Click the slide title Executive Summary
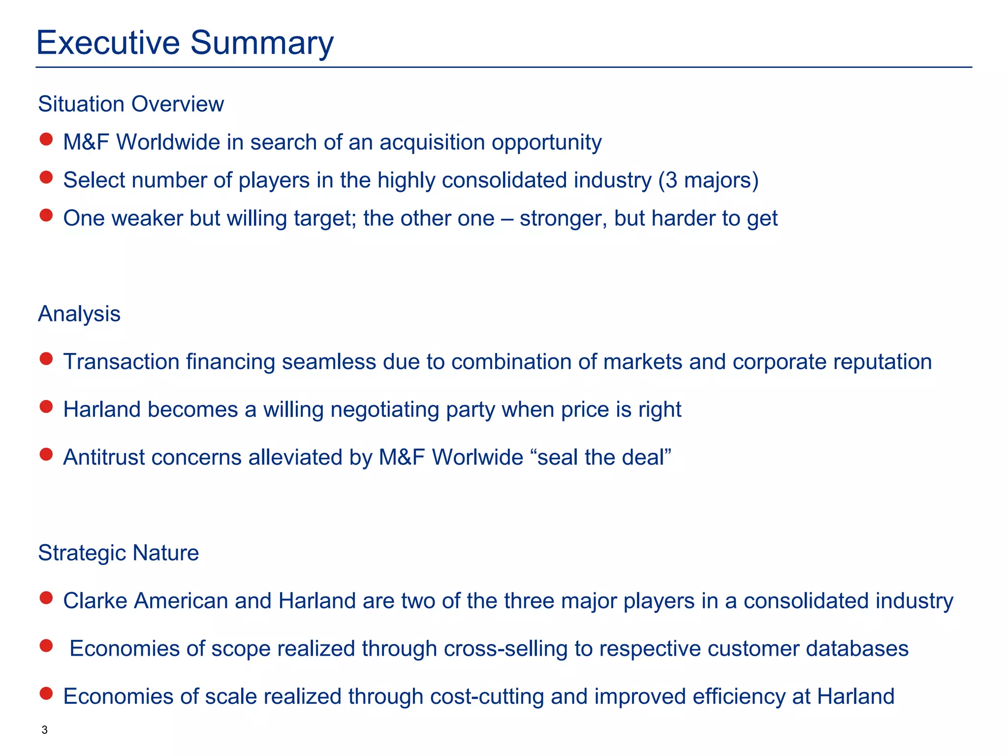[185, 43]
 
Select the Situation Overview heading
[131, 104]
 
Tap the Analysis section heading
[79, 314]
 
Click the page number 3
[45, 730]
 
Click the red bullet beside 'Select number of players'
[46, 177]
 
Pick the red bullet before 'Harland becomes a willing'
[46, 407]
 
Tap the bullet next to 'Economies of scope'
[46, 646]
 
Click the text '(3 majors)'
[709, 181]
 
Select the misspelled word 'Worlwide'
[477, 458]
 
